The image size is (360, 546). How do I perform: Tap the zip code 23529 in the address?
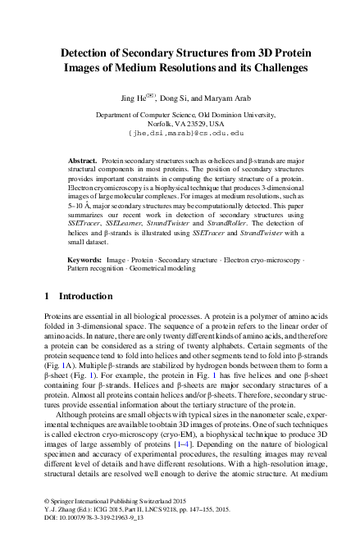pyautogui.click(x=185, y=123)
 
